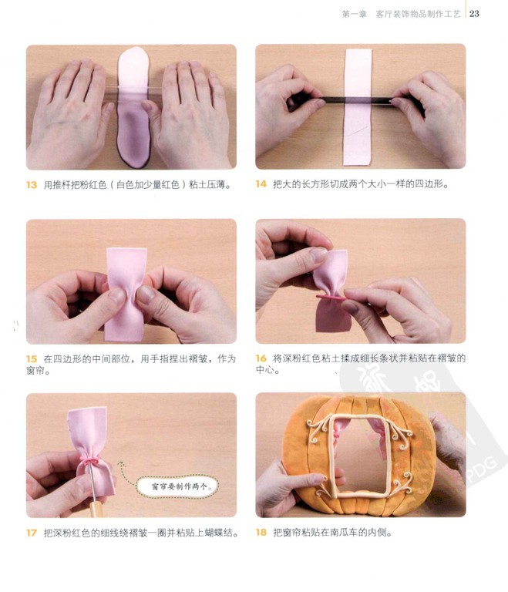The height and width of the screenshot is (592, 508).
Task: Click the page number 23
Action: (x=474, y=14)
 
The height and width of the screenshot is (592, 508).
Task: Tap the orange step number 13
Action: (x=32, y=185)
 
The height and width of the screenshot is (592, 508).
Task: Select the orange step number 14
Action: (x=261, y=184)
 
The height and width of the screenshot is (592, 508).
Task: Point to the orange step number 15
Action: (x=32, y=359)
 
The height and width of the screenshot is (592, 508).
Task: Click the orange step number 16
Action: (x=261, y=358)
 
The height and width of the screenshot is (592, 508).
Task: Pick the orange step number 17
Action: (x=32, y=533)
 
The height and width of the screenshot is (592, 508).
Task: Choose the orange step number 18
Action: (x=261, y=533)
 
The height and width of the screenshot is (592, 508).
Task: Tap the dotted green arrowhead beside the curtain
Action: (x=120, y=463)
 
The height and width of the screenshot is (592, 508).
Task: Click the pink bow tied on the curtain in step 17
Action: (x=90, y=462)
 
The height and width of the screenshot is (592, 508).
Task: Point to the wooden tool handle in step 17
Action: (x=96, y=509)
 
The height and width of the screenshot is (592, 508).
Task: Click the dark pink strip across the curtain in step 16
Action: (x=331, y=298)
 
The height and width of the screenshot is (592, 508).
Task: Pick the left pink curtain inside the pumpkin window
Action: (x=337, y=434)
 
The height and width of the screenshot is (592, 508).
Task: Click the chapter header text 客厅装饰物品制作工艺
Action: (x=418, y=14)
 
